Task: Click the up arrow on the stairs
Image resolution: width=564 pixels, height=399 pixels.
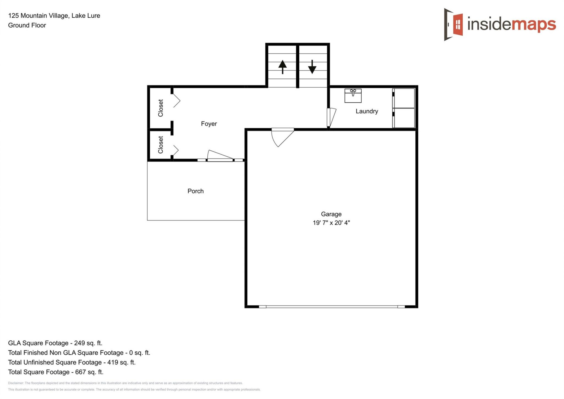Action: coord(282,67)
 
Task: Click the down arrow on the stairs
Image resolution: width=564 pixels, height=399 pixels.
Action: coord(312,67)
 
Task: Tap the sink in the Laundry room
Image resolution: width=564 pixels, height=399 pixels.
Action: coord(353,96)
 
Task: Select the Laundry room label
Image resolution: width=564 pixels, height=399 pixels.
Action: coord(367,111)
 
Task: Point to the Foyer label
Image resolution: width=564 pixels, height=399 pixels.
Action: coord(209,124)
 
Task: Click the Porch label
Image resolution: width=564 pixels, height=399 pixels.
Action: coord(195,191)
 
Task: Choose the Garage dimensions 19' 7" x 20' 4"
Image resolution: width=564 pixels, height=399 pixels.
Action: coord(331,223)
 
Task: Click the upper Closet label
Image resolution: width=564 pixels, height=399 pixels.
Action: coord(160,108)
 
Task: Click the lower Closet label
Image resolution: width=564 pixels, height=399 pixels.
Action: coord(160,145)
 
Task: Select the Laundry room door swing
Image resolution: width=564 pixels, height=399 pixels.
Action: coord(332,117)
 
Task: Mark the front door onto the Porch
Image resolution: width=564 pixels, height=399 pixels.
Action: coord(220,156)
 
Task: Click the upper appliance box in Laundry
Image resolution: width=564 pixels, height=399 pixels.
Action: coord(404,98)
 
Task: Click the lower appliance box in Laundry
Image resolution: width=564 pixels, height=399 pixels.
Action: coord(404,118)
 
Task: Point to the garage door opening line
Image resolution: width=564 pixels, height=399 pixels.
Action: coord(331,307)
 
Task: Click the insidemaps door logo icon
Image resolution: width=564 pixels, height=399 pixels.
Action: coord(454,24)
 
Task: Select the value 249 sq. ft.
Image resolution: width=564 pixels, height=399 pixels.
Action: coord(88,343)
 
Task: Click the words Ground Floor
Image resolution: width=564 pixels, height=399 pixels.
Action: coord(27,25)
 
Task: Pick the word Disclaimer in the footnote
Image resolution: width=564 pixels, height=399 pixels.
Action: coord(16,383)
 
